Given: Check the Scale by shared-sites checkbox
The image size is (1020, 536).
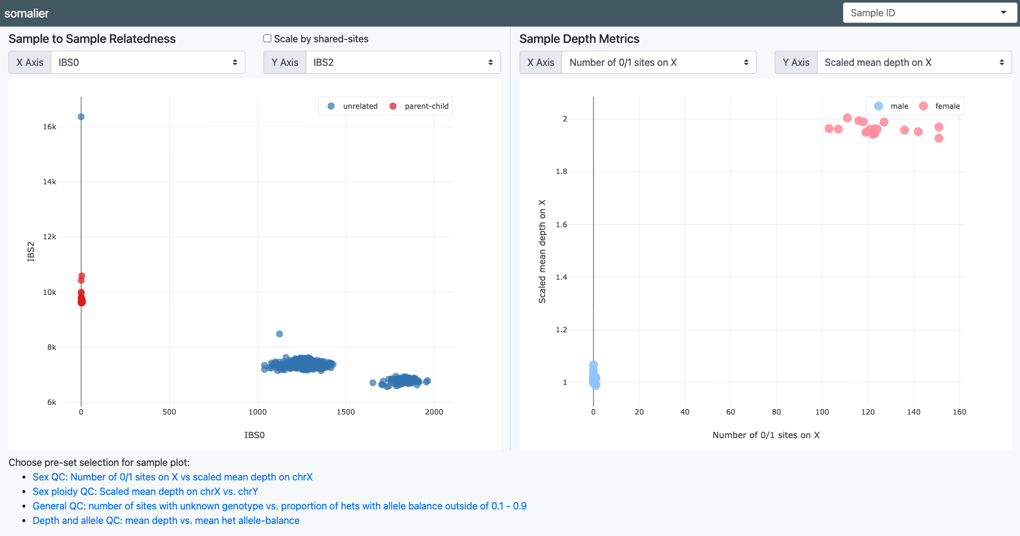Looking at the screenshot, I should coord(267,39).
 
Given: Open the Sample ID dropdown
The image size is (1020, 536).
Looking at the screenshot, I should coord(930,13).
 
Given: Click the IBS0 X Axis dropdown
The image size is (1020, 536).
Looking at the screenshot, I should coord(148,62).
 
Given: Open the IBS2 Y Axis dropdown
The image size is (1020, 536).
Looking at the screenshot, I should coord(403,62).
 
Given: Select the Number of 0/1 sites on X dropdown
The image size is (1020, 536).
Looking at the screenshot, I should coord(659,62).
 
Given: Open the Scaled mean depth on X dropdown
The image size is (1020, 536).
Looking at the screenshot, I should coord(914,62).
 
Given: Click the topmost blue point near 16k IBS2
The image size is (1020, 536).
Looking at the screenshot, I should coord(81,117).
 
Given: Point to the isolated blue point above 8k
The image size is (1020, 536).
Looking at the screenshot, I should coord(279,334).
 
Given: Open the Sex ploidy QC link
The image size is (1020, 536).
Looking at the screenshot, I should coord(145,491).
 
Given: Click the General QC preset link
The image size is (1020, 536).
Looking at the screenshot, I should coord(279,506).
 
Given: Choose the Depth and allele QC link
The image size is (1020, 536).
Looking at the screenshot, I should coord(166,520).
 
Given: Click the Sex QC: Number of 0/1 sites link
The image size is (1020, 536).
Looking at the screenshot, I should coord(172,477).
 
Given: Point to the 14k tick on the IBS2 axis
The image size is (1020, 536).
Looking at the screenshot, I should coord(50,182).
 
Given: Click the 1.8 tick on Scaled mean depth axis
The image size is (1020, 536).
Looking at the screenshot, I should coord(561,172).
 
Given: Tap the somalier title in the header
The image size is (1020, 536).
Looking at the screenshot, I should coord(27,13).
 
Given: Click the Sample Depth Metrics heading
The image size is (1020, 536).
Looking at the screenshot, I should coord(579,39).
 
